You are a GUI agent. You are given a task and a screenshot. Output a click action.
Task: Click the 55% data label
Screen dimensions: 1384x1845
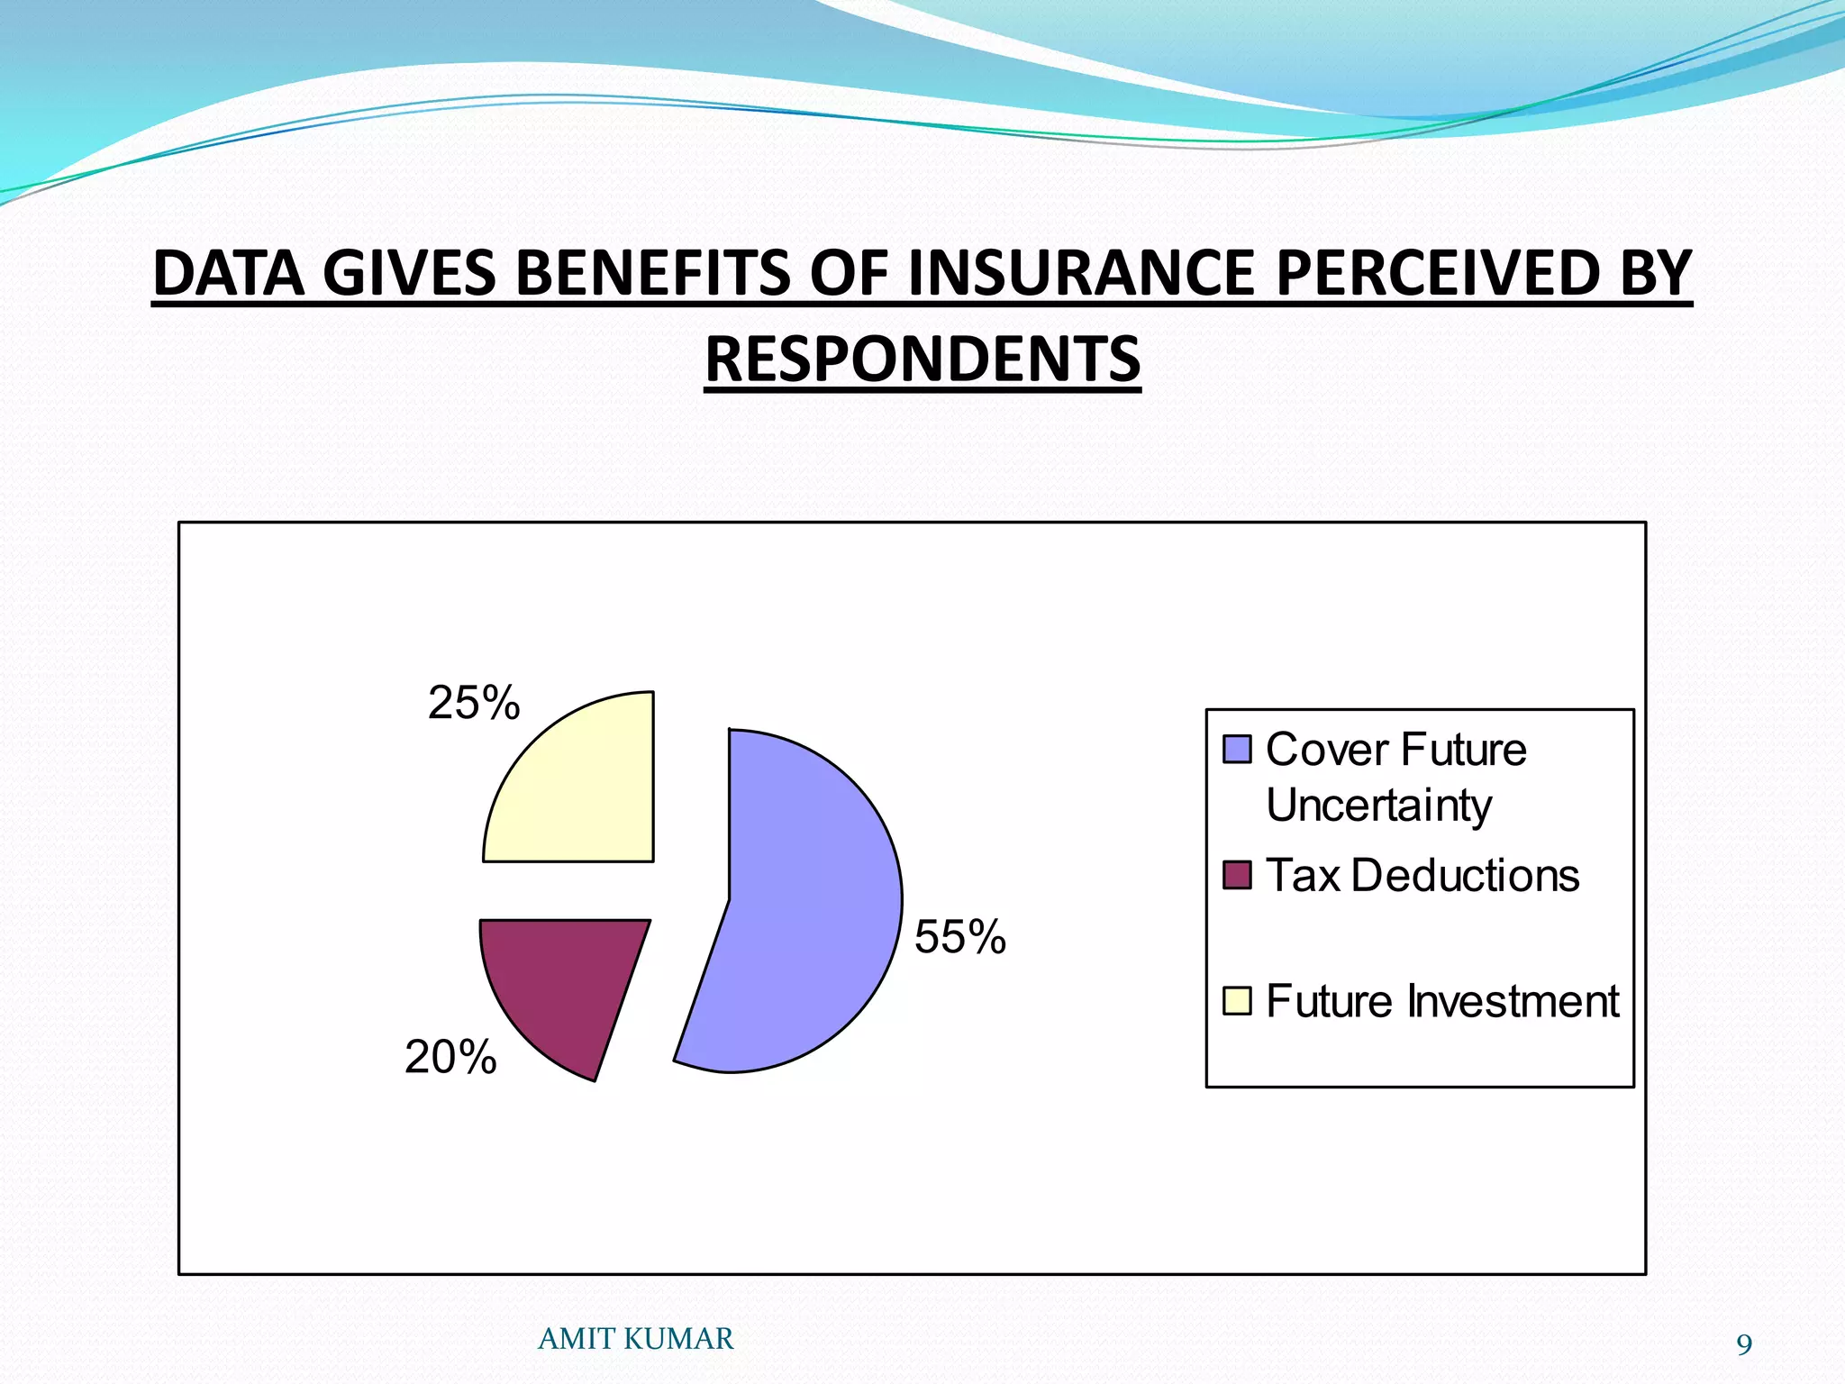959,937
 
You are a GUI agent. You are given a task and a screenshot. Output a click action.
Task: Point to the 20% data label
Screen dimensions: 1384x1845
450,1057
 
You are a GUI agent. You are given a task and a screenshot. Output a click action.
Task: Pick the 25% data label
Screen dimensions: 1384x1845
474,703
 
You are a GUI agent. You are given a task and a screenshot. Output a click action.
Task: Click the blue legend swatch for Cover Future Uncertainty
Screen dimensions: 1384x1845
1237,749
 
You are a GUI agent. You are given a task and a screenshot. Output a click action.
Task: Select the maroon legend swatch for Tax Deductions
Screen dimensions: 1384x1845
1237,875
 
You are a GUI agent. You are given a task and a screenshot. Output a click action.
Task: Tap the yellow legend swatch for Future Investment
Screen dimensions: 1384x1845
1237,1000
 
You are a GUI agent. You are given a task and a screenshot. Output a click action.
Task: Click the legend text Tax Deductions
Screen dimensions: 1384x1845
1422,875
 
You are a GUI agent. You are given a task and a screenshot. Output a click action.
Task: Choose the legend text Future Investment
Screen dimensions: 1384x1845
1441,1001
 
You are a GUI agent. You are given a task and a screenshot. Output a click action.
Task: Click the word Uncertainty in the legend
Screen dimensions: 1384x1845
1378,806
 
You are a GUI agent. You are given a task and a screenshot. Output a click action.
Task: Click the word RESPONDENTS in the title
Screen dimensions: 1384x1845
922,360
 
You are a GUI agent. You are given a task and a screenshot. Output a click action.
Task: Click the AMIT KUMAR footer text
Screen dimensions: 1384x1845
635,1339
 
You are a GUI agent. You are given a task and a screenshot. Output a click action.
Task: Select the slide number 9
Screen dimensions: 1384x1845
1744,1345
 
